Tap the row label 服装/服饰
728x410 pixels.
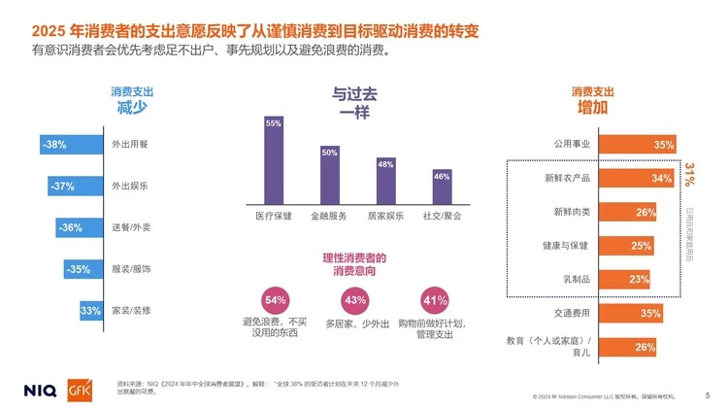[131, 268]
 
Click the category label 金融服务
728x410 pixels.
[329, 215]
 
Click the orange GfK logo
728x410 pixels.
[79, 389]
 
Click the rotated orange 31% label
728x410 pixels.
[689, 176]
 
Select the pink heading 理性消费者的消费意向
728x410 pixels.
[354, 264]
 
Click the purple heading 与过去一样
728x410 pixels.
[354, 102]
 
